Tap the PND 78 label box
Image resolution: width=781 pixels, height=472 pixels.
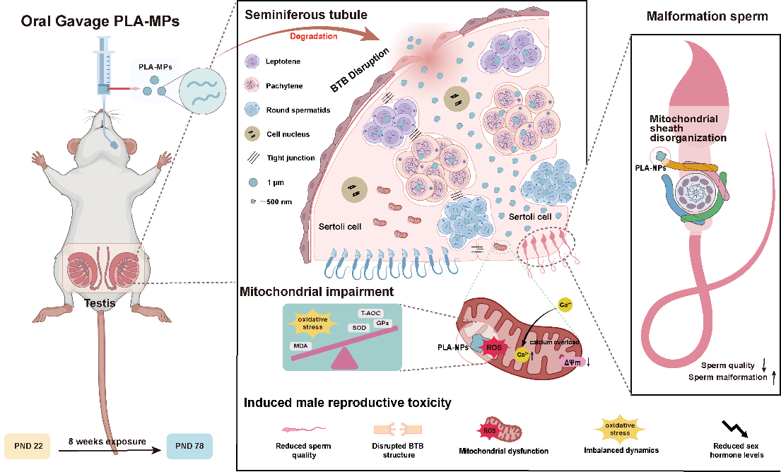coord(189,447)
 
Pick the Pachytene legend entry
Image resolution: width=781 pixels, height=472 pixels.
coord(283,85)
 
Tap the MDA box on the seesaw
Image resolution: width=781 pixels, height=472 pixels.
coord(298,346)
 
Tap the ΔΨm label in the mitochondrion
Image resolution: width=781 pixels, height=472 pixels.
coord(572,362)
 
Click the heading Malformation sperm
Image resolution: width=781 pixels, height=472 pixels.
coord(707,17)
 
